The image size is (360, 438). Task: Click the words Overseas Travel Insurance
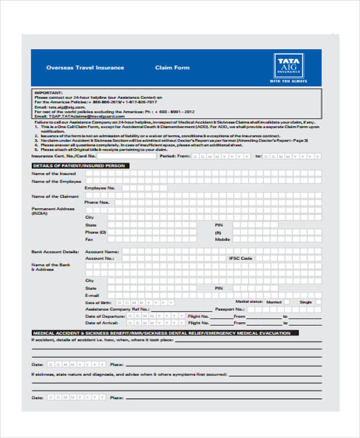click(85, 68)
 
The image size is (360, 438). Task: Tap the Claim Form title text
click(172, 68)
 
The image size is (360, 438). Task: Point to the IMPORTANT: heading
click(48, 93)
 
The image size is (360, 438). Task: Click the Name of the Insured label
click(53, 173)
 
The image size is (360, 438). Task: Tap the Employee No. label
click(100, 188)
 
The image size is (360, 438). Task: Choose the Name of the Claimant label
click(55, 196)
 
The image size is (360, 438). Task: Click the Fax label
click(89, 239)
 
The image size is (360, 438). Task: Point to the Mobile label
click(223, 239)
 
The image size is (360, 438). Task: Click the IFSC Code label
click(240, 258)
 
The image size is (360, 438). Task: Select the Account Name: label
click(102, 251)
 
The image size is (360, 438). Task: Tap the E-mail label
click(92, 295)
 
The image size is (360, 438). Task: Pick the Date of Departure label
click(105, 316)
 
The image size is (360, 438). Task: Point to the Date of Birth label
click(99, 302)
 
